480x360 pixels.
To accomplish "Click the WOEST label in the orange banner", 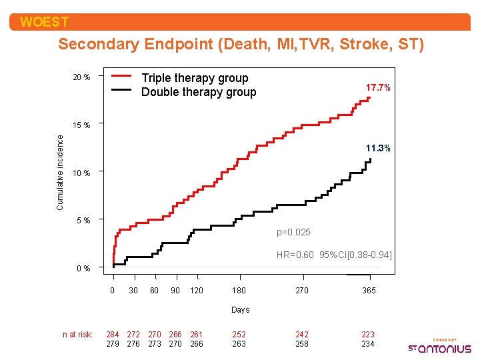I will coord(44,22).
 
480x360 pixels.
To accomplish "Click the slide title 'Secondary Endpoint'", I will coord(241,45).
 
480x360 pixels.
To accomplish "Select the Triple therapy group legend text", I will coord(195,78).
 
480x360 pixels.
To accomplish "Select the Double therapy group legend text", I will coord(199,92).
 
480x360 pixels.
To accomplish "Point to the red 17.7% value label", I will coord(378,88).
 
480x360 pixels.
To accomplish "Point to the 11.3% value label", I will coord(378,148).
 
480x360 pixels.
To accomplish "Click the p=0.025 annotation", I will coord(293,232).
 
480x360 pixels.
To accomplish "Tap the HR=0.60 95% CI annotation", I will coord(334,255).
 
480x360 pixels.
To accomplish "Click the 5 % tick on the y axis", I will coord(85,220).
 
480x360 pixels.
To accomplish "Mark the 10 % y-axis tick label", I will coord(82,173).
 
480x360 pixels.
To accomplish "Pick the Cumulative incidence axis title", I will coord(60,173).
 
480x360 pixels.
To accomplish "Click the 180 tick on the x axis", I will coord(239,290).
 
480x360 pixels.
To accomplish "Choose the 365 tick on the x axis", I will coord(368,290).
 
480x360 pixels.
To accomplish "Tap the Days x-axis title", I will coord(240,309).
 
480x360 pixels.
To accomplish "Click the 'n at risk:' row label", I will coord(77,334).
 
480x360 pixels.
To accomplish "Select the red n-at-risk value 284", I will coord(113,334).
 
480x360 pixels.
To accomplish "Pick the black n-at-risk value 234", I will coord(368,344).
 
